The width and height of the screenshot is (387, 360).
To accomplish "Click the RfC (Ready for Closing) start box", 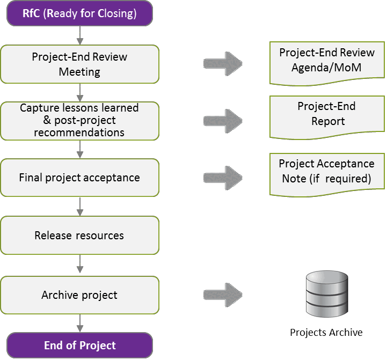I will click(x=79, y=13).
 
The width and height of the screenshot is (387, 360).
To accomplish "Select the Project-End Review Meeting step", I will click(x=79, y=64).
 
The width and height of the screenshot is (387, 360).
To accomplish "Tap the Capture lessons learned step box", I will click(x=79, y=121).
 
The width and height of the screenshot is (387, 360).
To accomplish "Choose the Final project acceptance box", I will click(x=79, y=178).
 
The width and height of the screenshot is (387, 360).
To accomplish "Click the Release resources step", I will click(x=79, y=235).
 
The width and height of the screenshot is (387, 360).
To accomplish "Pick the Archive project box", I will click(x=79, y=295).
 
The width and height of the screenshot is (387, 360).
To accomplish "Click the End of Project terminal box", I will click(x=79, y=346).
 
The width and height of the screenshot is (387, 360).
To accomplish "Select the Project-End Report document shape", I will click(x=327, y=115).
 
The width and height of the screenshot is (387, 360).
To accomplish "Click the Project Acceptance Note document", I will click(x=327, y=173).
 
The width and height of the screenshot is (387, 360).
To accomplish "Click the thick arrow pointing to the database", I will click(x=223, y=295).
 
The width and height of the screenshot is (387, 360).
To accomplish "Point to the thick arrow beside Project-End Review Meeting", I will click(x=223, y=63).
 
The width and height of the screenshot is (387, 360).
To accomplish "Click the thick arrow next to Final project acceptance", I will click(x=223, y=178).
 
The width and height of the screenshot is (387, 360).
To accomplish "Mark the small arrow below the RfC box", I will click(x=79, y=35).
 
